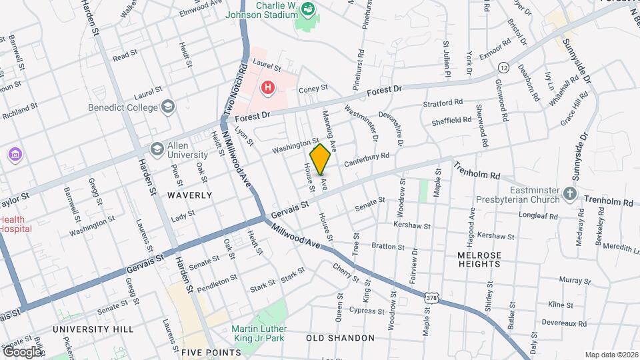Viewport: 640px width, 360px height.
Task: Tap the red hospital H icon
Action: pyautogui.click(x=268, y=87)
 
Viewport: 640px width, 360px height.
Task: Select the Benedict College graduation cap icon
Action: pyautogui.click(x=168, y=107)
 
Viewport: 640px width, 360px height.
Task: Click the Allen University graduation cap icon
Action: pyautogui.click(x=157, y=148)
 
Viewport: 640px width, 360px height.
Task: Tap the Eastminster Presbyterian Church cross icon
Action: pyautogui.click(x=569, y=193)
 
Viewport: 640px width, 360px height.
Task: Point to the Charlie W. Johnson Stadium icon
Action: pyautogui.click(x=308, y=9)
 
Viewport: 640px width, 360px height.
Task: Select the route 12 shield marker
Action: pyautogui.click(x=504, y=67)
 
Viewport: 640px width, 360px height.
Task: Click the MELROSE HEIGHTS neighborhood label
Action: pyautogui.click(x=479, y=259)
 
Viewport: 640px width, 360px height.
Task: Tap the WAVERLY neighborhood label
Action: pyautogui.click(x=189, y=195)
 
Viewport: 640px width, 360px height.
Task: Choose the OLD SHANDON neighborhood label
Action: pyautogui.click(x=340, y=338)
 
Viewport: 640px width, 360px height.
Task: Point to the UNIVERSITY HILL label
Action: pyautogui.click(x=93, y=329)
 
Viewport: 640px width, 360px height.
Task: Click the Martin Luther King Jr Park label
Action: pyautogui.click(x=259, y=334)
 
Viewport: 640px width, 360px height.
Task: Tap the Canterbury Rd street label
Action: pyautogui.click(x=366, y=160)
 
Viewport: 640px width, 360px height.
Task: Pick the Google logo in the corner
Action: pyautogui.click(x=22, y=351)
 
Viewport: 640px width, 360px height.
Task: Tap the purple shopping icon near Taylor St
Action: pyautogui.click(x=15, y=155)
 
